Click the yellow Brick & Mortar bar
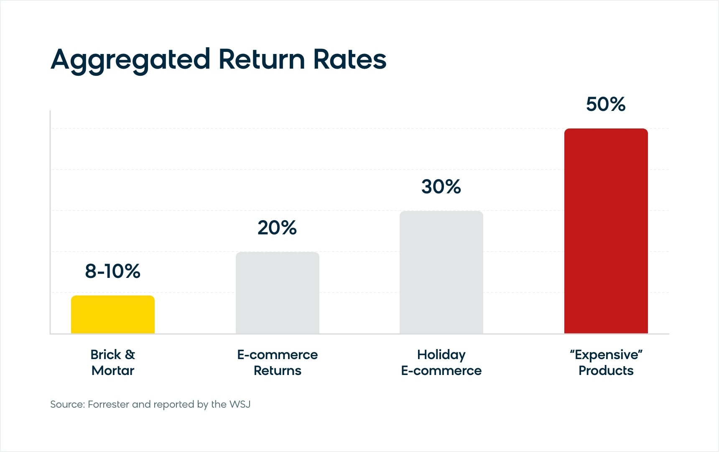[113, 315]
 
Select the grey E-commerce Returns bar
[278, 293]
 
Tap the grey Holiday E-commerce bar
[441, 272]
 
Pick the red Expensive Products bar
[606, 231]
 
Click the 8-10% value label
[112, 271]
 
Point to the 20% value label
[277, 228]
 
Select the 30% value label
[441, 187]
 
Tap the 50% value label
[606, 104]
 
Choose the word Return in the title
[262, 59]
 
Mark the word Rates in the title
[349, 59]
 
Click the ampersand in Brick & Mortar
[130, 354]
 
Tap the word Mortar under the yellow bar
[113, 370]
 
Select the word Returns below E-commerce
[278, 370]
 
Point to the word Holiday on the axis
[441, 355]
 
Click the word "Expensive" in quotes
[606, 355]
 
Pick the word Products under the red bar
[606, 370]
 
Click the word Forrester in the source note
[108, 404]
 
